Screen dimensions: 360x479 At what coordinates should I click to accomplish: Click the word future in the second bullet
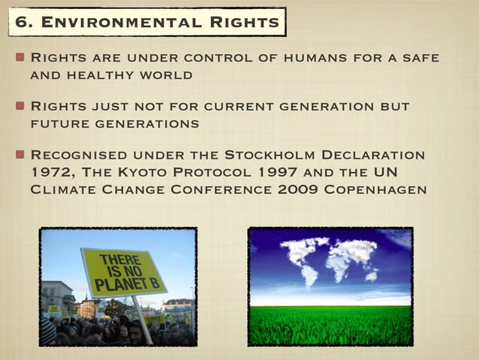click(x=56, y=123)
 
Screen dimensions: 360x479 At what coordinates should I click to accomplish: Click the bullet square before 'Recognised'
click(x=20, y=155)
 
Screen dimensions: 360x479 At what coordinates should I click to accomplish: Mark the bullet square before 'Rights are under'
click(x=20, y=58)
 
